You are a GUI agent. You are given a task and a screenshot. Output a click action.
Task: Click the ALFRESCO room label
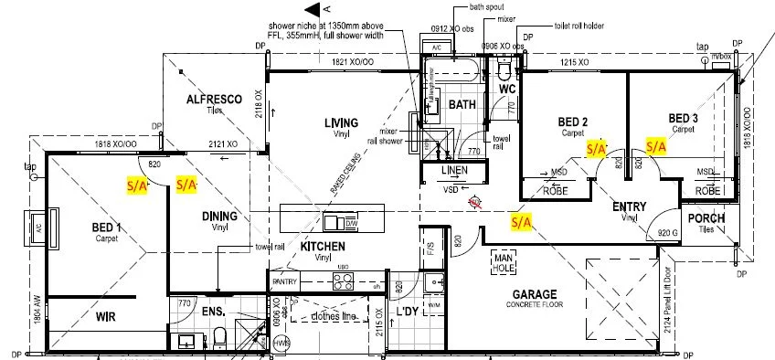point(213,99)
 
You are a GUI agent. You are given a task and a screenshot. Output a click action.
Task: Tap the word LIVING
point(340,123)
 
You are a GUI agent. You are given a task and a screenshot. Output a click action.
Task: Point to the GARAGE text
point(537,294)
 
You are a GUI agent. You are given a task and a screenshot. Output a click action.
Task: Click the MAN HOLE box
point(504,261)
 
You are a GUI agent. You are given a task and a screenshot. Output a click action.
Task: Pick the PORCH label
point(706,218)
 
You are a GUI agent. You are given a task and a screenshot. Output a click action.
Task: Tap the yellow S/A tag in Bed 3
point(656,145)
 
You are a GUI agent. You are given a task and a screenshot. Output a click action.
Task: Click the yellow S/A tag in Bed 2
point(596,147)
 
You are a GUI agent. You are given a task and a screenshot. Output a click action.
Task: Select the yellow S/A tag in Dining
point(186,184)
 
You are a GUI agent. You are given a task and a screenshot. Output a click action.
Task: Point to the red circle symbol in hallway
point(473,204)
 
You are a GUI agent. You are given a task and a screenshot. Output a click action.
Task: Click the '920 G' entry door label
point(669,234)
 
